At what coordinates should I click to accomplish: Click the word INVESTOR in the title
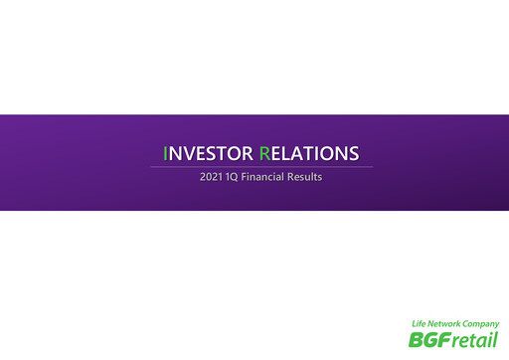click(208, 153)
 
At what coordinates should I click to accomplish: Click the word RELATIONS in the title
click(308, 153)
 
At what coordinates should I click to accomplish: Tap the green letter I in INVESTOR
click(166, 153)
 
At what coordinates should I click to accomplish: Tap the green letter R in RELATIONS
click(264, 153)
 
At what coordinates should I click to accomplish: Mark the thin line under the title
click(261, 166)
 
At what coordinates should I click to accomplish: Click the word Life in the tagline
click(422, 324)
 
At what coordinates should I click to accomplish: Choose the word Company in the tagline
click(481, 324)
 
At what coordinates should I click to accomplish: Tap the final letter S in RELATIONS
click(353, 153)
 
